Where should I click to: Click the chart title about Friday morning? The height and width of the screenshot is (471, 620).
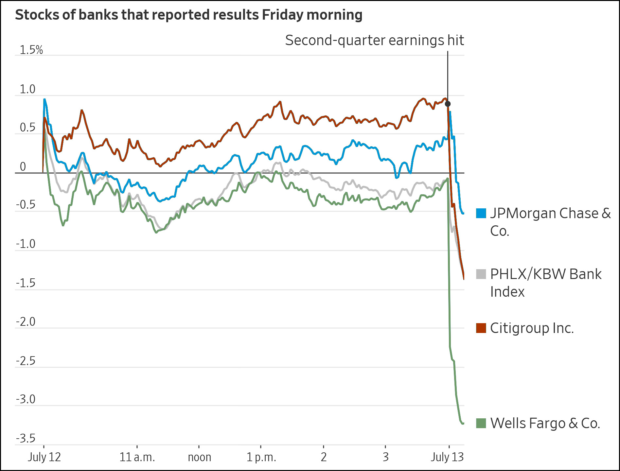click(x=188, y=15)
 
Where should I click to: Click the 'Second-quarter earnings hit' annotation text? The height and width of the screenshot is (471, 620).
click(x=374, y=41)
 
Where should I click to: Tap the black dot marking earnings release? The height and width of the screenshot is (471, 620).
click(x=448, y=104)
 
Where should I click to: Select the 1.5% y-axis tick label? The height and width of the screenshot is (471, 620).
click(x=31, y=50)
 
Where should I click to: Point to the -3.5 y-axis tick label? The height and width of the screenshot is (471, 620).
click(x=26, y=438)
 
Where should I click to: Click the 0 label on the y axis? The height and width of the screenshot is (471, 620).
click(x=23, y=167)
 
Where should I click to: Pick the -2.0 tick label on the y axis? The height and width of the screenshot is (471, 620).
click(x=26, y=322)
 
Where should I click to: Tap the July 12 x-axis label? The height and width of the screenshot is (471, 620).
click(x=44, y=457)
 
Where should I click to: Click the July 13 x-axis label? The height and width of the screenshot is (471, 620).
click(x=447, y=457)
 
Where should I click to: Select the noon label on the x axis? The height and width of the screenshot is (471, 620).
click(x=199, y=457)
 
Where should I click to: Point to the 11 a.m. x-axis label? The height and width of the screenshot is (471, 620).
click(x=137, y=457)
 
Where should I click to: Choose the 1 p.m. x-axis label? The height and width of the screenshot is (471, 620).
click(x=261, y=457)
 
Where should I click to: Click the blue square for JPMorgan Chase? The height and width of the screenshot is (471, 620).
click(x=481, y=213)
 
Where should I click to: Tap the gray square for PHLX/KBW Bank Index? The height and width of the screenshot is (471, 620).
click(x=481, y=274)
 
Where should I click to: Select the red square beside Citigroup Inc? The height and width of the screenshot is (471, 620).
click(x=481, y=328)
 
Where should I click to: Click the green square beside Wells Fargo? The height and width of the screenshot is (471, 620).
click(x=481, y=423)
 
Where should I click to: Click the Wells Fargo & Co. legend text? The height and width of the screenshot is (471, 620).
click(x=545, y=423)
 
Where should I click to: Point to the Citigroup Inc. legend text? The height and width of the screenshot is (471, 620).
click(x=532, y=328)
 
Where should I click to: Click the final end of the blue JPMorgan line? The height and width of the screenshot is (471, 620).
click(x=463, y=213)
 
